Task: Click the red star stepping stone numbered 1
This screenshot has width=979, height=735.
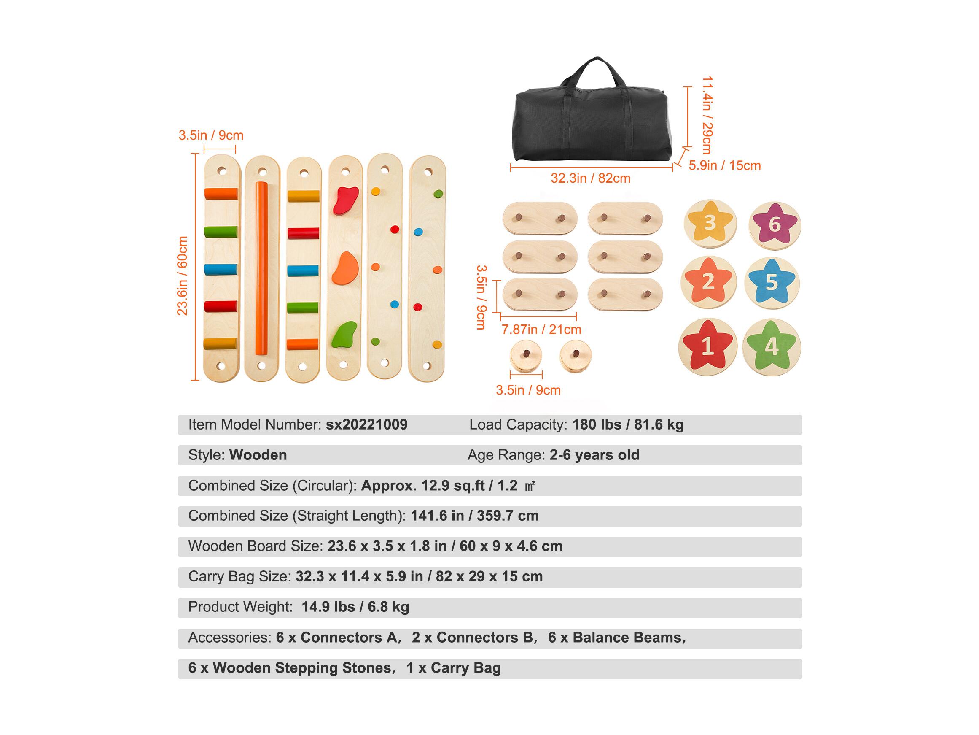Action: (707, 346)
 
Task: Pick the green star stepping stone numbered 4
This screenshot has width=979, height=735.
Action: (772, 346)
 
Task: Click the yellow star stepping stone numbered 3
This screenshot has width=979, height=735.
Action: (710, 223)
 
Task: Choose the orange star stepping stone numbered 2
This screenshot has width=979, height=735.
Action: (708, 282)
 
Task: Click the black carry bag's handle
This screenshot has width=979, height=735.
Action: (597, 73)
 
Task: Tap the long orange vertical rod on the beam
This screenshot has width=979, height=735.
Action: (261, 268)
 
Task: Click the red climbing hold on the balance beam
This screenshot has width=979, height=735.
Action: (345, 201)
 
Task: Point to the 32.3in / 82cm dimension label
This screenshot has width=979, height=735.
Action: (590, 178)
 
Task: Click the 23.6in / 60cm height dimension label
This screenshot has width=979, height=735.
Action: (182, 276)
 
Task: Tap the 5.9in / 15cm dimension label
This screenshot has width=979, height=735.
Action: (724, 166)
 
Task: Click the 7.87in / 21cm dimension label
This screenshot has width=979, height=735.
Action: (541, 330)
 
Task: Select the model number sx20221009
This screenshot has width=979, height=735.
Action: (366, 424)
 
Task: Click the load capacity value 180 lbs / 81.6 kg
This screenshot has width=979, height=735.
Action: (628, 424)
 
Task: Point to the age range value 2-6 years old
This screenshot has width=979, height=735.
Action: (594, 455)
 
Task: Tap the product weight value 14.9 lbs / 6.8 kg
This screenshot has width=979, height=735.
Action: (355, 607)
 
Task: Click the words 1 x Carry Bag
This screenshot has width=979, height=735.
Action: (454, 668)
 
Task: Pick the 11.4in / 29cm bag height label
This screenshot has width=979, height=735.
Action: (707, 115)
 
